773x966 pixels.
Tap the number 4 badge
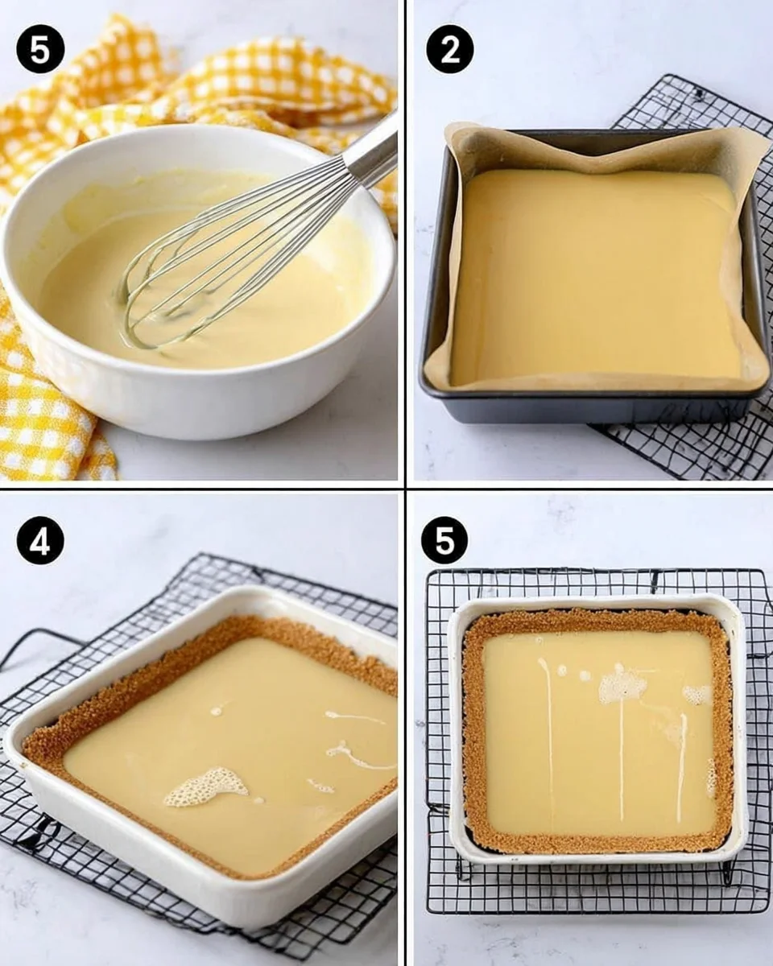point(40,540)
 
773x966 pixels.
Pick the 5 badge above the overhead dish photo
point(444,540)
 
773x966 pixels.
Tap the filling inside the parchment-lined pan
point(596,274)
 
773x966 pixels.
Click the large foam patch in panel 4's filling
point(205,785)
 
